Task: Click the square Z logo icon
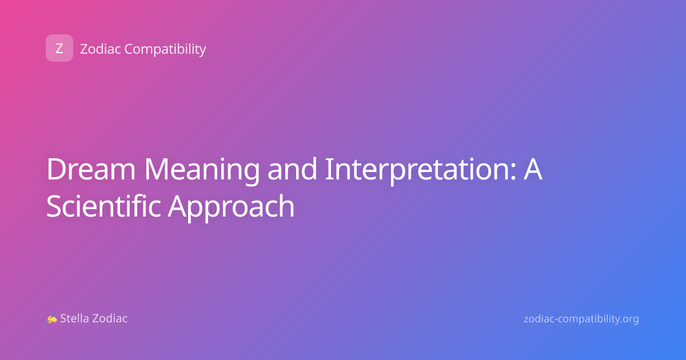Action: [59, 48]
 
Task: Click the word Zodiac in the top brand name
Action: [101, 49]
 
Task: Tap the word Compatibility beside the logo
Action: [165, 49]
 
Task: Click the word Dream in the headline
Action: [91, 169]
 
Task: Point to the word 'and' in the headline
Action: [292, 169]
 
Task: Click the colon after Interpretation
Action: [513, 172]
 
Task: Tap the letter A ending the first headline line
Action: [533, 169]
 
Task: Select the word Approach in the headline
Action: [231, 207]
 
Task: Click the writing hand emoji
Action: [52, 318]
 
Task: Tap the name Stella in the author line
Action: [74, 318]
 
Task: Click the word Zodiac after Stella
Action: [109, 318]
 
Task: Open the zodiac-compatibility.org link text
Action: [581, 319]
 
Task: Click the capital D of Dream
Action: [57, 169]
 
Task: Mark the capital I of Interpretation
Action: [328, 169]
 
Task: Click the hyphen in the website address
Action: [555, 319]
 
